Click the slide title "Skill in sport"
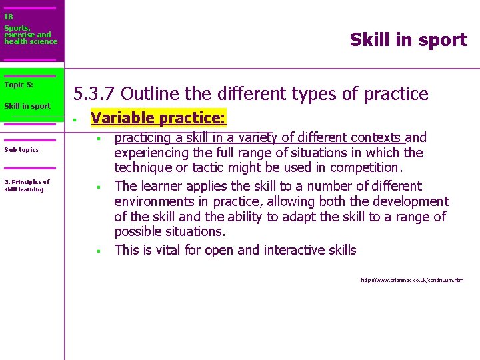click(408, 40)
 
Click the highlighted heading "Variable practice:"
click(159, 119)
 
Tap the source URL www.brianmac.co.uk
click(411, 281)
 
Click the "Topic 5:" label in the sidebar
click(19, 85)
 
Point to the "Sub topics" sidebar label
click(21, 149)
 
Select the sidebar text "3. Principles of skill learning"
click(27, 185)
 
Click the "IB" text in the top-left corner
click(9, 17)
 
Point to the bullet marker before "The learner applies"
click(97, 187)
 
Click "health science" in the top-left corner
click(31, 41)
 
